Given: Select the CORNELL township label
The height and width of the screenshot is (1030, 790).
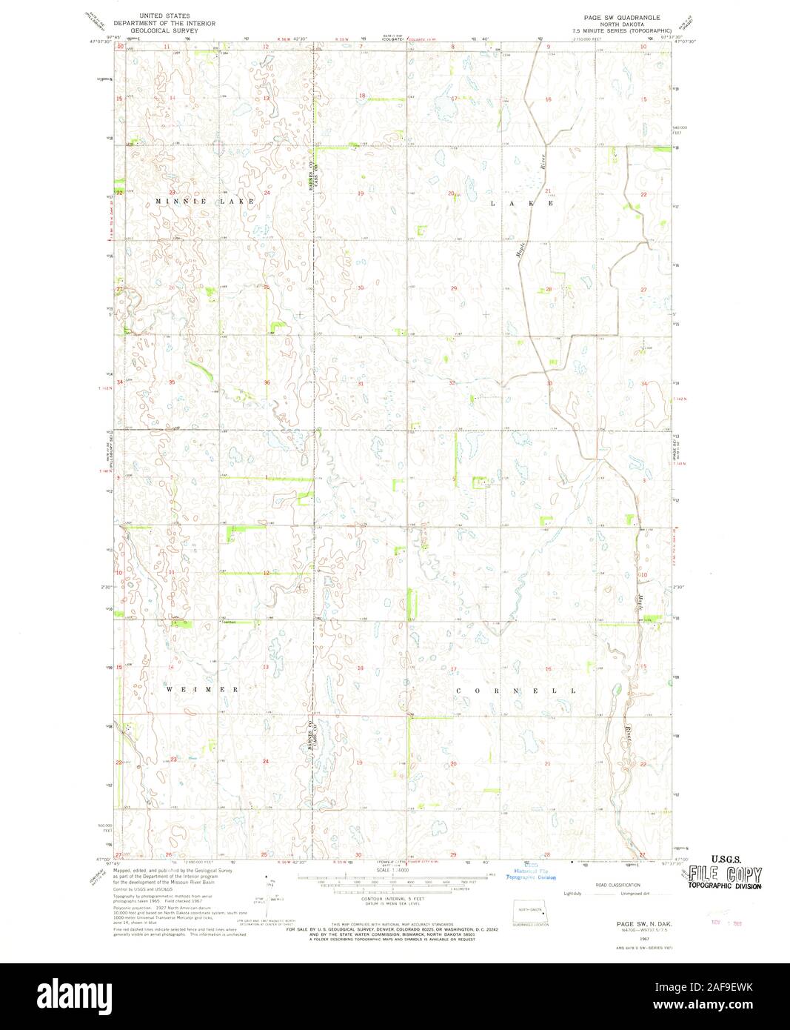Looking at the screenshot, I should pyautogui.click(x=515, y=691).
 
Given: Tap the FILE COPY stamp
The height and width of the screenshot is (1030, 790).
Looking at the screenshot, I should pyautogui.click(x=725, y=874).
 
